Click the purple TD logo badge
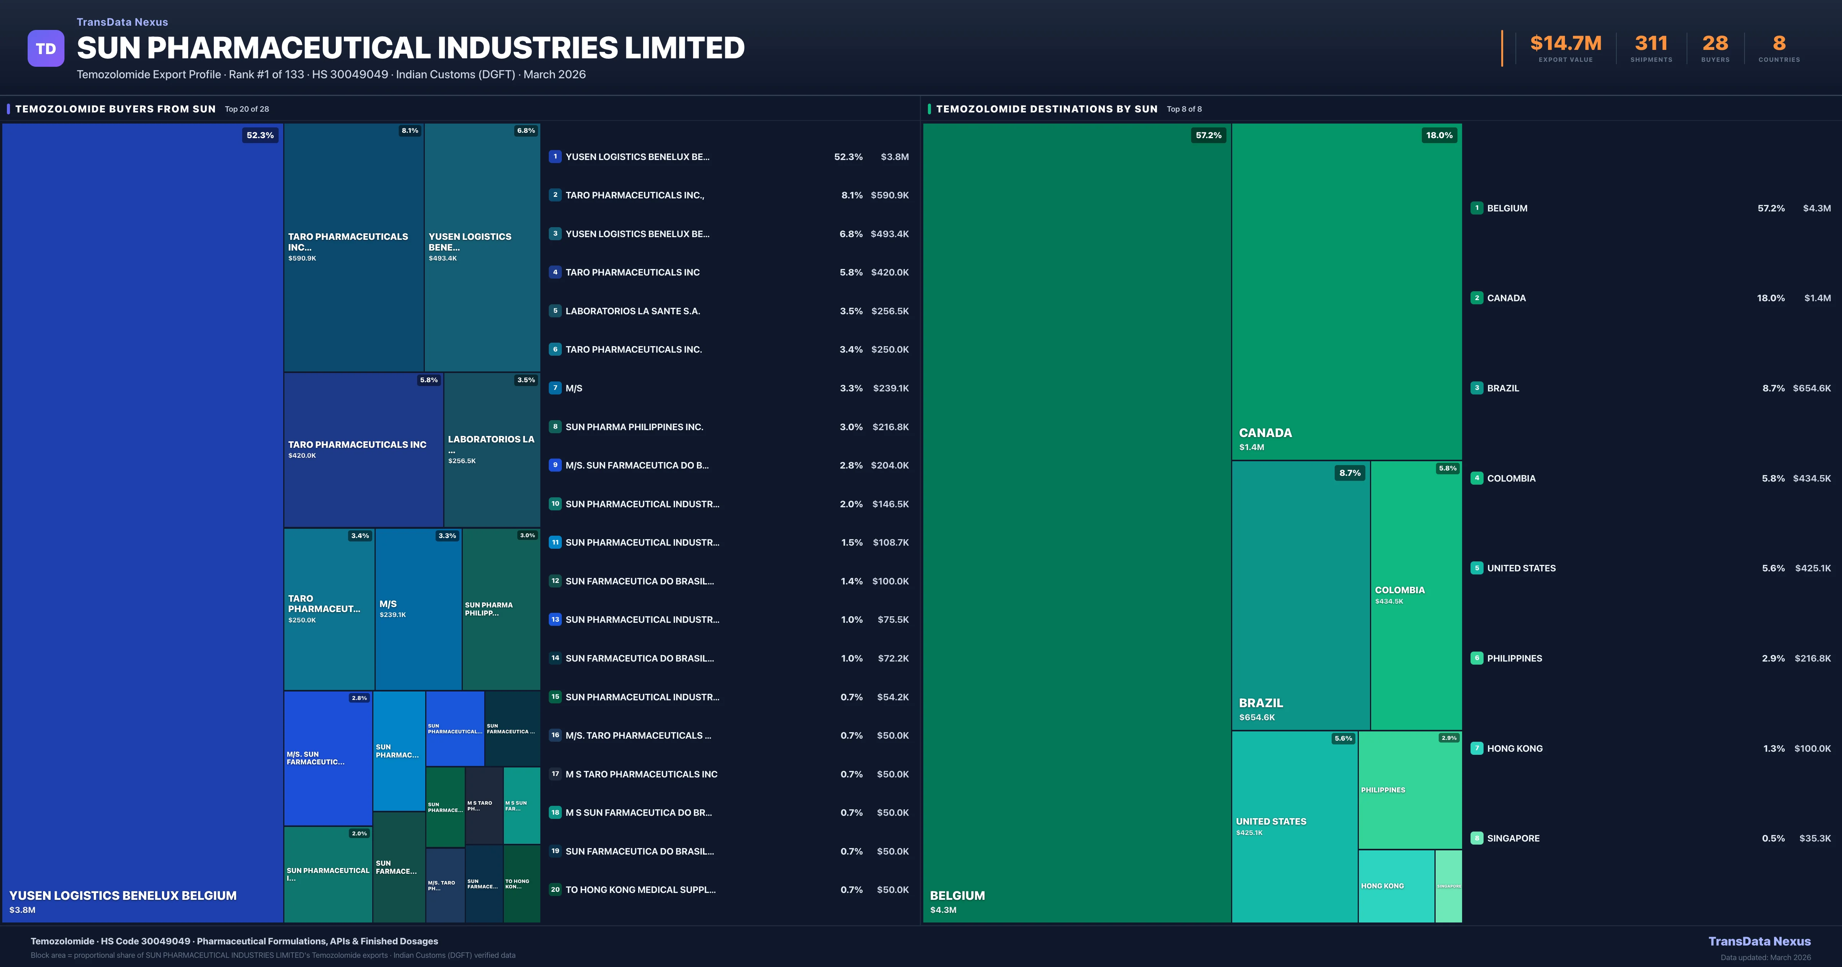click(x=46, y=49)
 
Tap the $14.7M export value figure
click(x=1565, y=44)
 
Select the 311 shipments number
click(x=1651, y=44)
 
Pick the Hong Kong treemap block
click(x=1396, y=886)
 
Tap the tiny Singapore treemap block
click(x=1449, y=886)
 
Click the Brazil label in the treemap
click(x=1261, y=703)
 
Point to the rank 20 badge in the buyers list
click(x=555, y=890)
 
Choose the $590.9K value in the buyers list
click(x=890, y=195)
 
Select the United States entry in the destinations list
click(x=1521, y=569)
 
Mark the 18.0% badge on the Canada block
click(x=1439, y=135)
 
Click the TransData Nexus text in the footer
click(x=1759, y=941)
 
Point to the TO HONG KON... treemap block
click(x=521, y=884)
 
